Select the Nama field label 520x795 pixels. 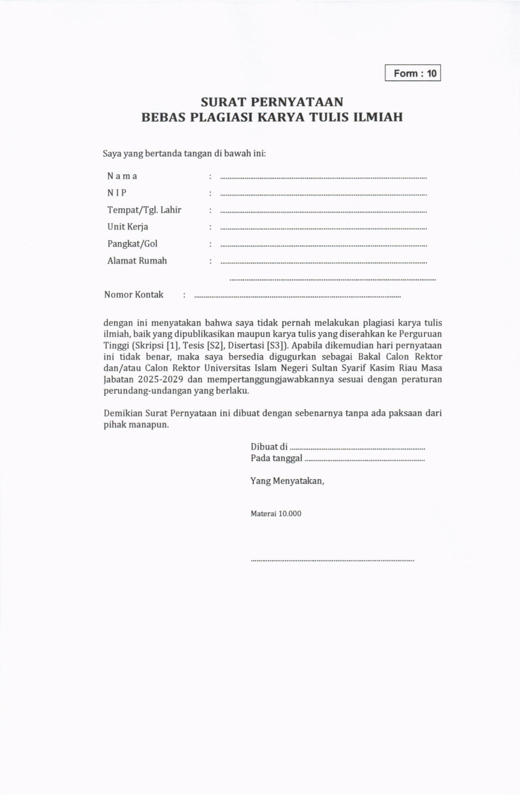point(122,176)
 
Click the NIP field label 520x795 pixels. point(116,193)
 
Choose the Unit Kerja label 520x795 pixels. point(128,227)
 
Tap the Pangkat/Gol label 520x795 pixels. point(132,244)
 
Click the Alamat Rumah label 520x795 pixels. point(137,261)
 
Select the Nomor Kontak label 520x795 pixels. point(133,295)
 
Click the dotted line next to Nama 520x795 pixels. point(323,178)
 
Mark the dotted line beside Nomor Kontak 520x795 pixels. point(297,297)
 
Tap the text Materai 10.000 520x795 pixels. point(276,514)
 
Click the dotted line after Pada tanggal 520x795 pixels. point(365,460)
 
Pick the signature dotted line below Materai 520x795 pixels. point(332,561)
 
